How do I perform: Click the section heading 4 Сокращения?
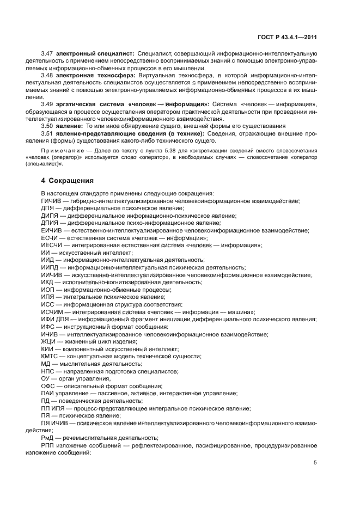point(68,180)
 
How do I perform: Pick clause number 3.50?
point(47,125)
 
